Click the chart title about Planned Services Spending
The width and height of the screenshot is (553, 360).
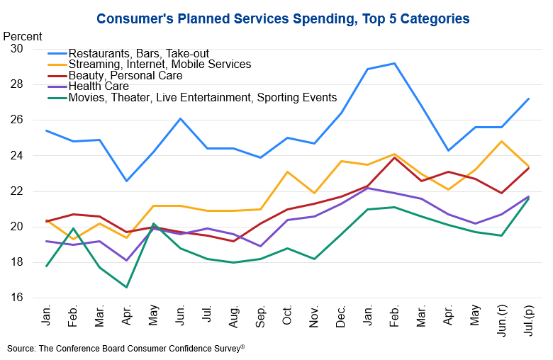click(283, 18)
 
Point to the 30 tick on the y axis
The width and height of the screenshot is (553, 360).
click(16, 49)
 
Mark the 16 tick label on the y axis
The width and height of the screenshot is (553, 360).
click(16, 297)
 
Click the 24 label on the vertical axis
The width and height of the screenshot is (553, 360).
click(16, 155)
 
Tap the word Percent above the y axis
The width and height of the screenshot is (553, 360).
click(23, 36)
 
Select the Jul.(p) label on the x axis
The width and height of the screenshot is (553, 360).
click(529, 320)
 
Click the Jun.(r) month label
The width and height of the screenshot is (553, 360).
click(502, 320)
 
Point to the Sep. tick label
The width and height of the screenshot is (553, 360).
click(261, 316)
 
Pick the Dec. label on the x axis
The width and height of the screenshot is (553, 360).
click(341, 316)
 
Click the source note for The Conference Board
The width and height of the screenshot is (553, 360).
click(126, 349)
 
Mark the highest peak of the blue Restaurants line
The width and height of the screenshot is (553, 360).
click(394, 64)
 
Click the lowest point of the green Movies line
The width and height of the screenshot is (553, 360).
click(126, 288)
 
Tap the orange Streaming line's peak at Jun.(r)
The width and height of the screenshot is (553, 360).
click(501, 142)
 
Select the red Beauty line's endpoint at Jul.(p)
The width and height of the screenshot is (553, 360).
click(529, 168)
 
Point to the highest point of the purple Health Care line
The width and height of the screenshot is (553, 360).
click(368, 188)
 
